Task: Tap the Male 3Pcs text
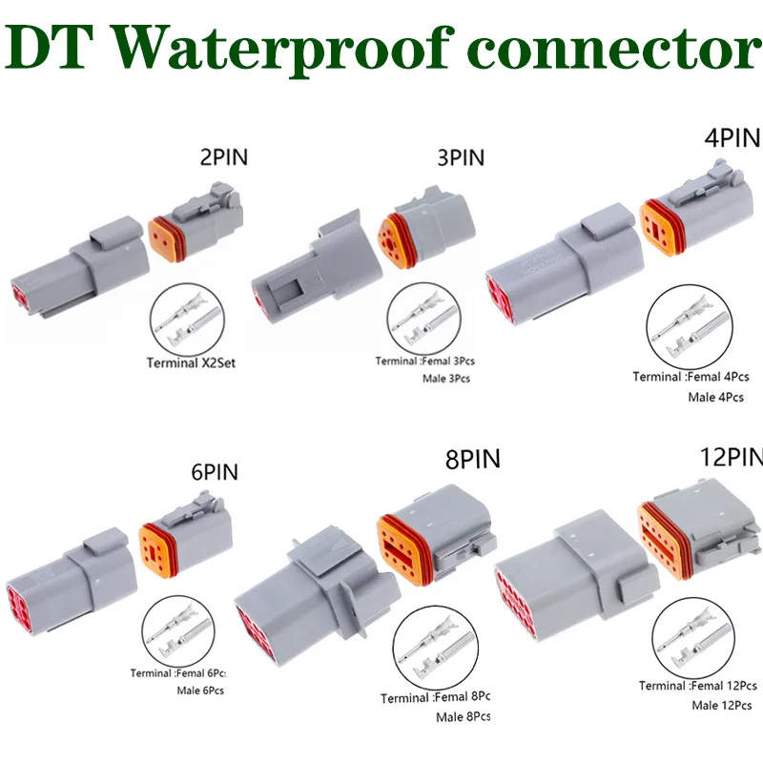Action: (446, 379)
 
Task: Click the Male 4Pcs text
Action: (715, 396)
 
